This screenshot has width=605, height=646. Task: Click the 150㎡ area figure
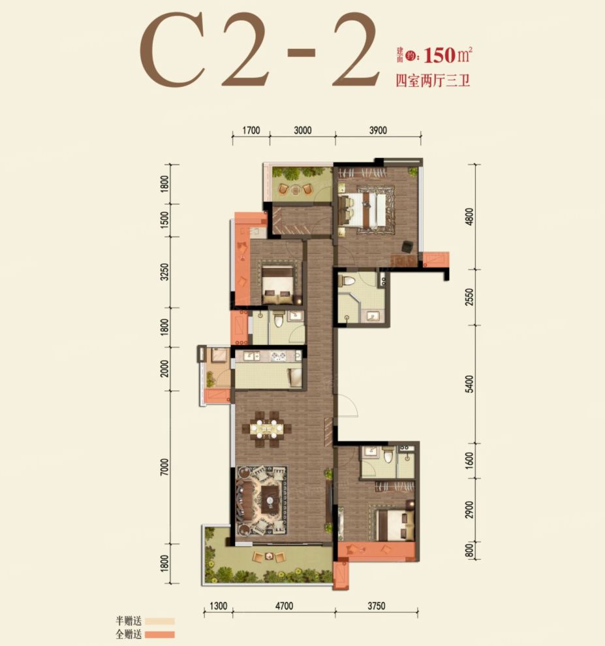point(448,55)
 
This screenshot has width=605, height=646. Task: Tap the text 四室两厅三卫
point(433,80)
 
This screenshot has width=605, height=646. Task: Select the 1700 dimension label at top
point(251,130)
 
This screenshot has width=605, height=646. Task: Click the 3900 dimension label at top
point(378,130)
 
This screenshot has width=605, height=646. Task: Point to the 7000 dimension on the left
point(164,467)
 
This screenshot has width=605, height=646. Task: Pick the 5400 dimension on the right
point(470,384)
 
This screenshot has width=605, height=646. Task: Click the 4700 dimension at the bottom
point(284,606)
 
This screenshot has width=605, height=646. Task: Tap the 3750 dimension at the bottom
point(376,606)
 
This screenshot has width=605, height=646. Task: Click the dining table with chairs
point(268,429)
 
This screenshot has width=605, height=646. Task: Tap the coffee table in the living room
point(271,499)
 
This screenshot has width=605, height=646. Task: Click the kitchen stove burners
point(278,356)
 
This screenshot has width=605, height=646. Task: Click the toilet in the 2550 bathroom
point(347,280)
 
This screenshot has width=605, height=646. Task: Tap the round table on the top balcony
point(296,190)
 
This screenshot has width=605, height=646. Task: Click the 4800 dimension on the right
point(470,217)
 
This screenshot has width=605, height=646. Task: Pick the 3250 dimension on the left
point(164,272)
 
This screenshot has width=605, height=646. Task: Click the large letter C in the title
point(172,50)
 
